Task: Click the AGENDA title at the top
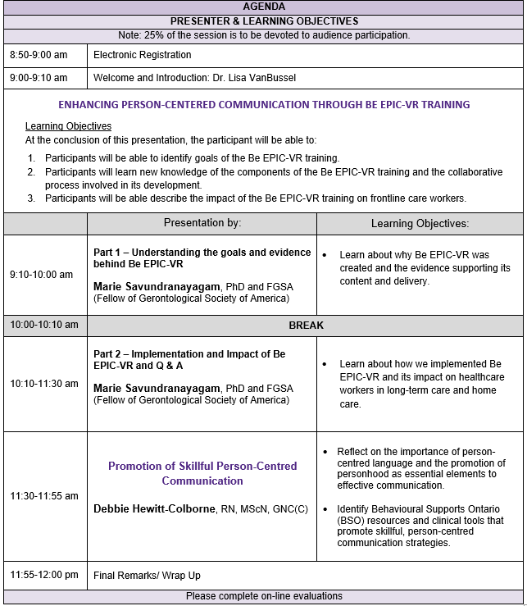pos(264,7)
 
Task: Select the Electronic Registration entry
pos(143,55)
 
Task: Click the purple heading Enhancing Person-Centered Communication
pos(264,105)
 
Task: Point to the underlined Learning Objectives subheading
pos(68,126)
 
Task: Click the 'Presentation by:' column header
pos(202,223)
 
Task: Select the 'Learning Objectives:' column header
pos(420,223)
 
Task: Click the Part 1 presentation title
pos(202,257)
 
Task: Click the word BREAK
pos(306,326)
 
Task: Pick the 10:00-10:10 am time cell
pos(44,326)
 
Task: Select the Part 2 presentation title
pos(189,360)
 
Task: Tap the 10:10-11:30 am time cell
pos(44,384)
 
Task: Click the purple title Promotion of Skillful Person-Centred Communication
pos(202,473)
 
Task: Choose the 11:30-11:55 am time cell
pos(44,496)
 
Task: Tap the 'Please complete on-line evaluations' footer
pos(264,596)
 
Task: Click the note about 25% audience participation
pos(264,35)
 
